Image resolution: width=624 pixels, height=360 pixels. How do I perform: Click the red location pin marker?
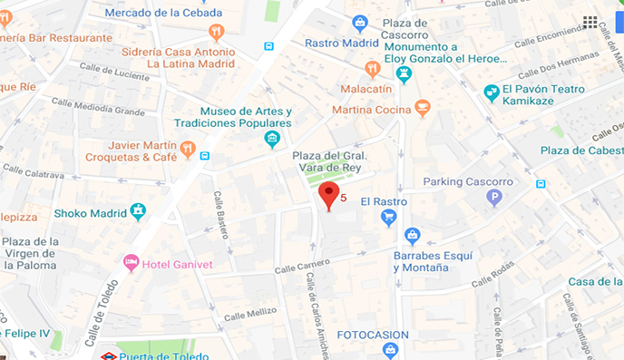click(329, 194)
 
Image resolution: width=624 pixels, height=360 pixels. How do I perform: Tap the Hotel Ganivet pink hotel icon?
click(131, 262)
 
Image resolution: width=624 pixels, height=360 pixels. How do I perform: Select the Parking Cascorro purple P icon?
click(494, 197)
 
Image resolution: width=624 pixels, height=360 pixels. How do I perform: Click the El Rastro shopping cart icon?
click(389, 217)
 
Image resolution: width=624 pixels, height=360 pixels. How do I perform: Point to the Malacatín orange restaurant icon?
click(372, 69)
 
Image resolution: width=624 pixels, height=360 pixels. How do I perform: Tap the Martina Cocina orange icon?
click(422, 109)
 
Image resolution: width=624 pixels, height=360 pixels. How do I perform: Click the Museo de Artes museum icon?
click(271, 139)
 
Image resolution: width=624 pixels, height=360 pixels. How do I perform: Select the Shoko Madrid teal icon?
click(138, 211)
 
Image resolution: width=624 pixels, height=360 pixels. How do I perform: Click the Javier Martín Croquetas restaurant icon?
click(187, 149)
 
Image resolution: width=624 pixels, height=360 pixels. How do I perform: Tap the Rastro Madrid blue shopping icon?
click(360, 23)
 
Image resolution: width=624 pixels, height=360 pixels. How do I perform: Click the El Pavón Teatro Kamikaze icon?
click(492, 92)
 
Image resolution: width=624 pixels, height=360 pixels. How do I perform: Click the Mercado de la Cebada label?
click(163, 13)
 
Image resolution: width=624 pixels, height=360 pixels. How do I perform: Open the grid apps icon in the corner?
click(590, 22)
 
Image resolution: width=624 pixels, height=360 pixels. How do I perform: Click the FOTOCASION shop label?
click(373, 335)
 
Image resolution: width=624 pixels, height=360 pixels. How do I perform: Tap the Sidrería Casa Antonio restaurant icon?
click(215, 33)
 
